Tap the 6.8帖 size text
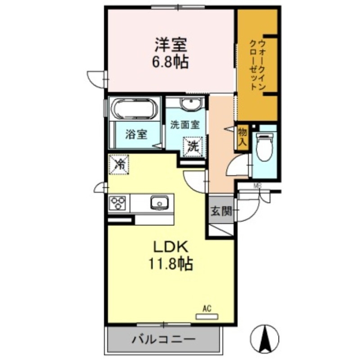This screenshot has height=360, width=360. [170, 61]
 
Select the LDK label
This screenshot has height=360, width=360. [168, 247]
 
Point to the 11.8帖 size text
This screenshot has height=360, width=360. [171, 263]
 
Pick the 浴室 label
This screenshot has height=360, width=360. [136, 134]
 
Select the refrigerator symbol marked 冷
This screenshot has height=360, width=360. [119, 164]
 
